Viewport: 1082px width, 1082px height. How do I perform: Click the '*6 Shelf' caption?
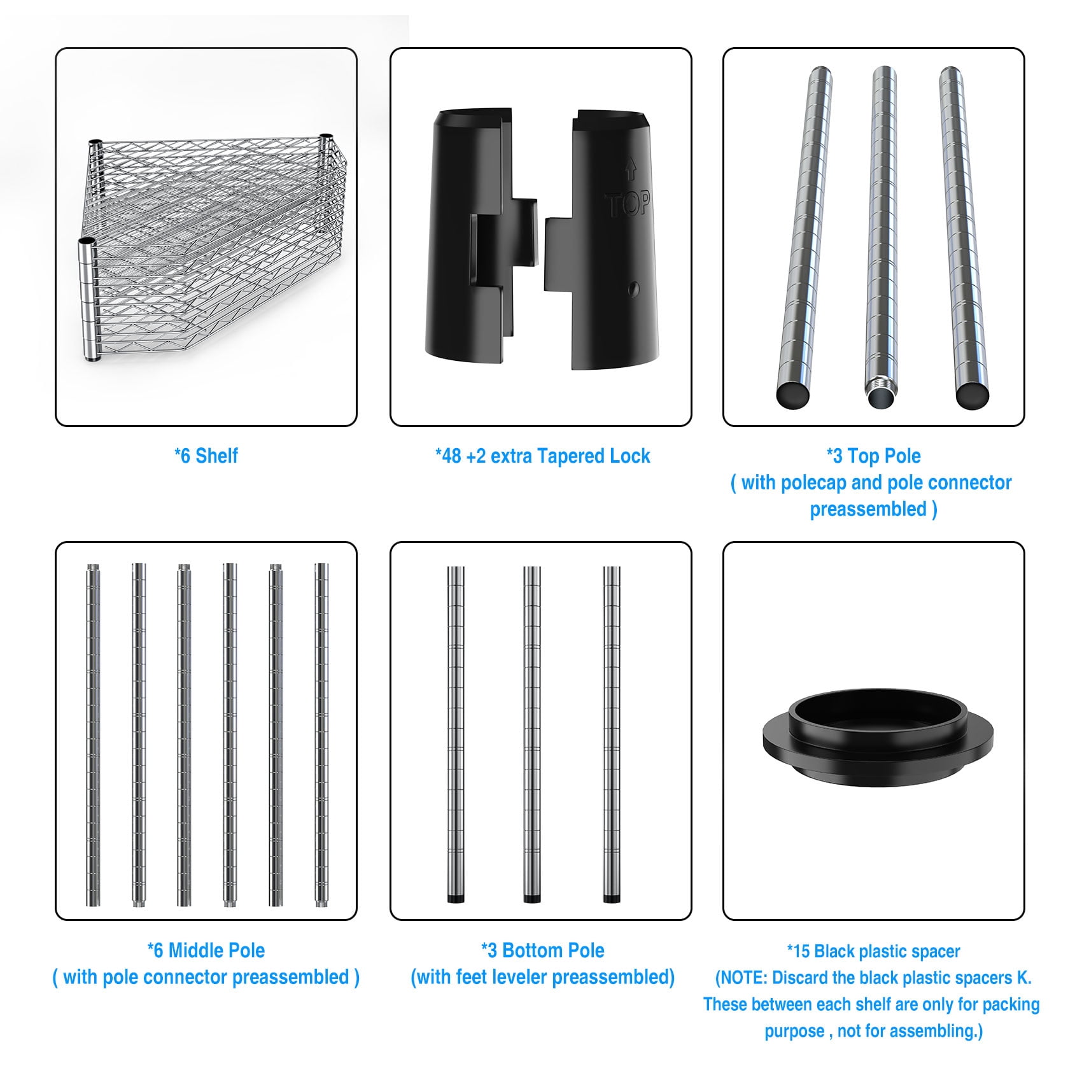coord(206,456)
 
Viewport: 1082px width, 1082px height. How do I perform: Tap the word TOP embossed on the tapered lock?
coord(628,204)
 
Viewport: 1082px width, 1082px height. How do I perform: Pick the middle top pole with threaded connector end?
coord(883,236)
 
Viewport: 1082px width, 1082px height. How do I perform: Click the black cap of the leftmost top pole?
coord(792,395)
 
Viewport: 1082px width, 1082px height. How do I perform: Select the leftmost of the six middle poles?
coord(94,734)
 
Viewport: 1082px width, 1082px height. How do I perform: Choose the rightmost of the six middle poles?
coord(321,734)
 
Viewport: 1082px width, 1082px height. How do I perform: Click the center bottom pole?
coord(532,734)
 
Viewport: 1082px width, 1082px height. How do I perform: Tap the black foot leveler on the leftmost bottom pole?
coord(455,899)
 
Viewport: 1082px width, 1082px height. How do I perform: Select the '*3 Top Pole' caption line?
coord(873,456)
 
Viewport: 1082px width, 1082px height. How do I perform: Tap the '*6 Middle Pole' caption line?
coord(206,950)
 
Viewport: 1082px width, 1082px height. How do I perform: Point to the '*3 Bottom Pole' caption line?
coord(542,950)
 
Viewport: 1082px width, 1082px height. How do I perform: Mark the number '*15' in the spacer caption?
coord(799,952)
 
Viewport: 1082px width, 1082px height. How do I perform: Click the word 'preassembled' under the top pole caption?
coord(868,509)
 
